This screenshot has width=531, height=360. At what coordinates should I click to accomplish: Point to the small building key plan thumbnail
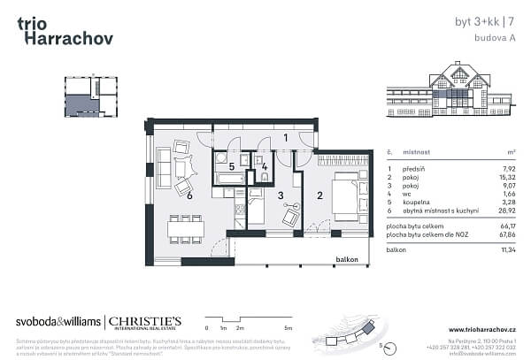[88, 96]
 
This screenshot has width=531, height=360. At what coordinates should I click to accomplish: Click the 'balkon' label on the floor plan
[346, 259]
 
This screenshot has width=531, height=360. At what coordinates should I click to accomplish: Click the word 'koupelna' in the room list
[419, 203]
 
